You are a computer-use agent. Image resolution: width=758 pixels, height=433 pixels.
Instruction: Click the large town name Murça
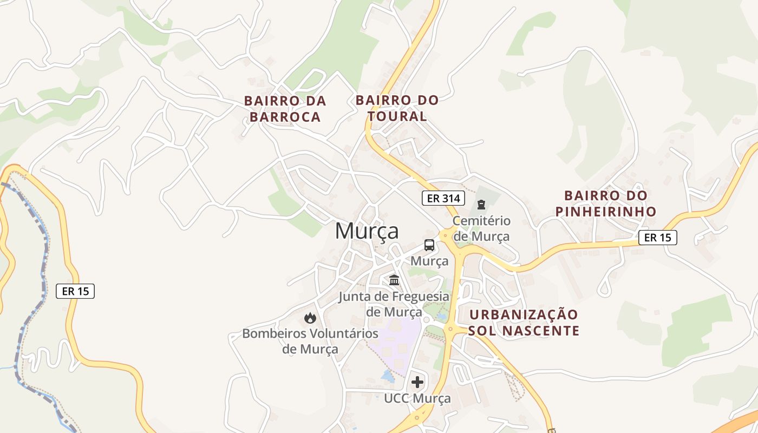[x=367, y=231]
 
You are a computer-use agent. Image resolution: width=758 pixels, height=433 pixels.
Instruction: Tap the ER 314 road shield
[x=443, y=198]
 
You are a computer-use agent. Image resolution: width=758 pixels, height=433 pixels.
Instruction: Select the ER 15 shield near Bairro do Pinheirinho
[x=657, y=237]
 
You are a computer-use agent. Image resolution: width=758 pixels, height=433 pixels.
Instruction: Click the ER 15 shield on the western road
[x=75, y=291]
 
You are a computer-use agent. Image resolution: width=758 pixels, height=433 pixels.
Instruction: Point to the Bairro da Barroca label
[x=285, y=109]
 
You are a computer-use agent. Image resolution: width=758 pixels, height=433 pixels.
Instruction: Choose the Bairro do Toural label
[x=397, y=108]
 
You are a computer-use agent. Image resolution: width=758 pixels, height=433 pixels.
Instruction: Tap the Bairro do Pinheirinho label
[x=606, y=204]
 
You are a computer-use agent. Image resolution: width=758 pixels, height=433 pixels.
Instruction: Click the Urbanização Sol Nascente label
[x=524, y=323]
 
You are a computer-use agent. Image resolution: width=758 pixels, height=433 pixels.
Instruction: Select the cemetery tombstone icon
[x=481, y=205]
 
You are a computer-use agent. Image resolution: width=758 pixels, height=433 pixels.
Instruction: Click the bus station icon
[x=429, y=245]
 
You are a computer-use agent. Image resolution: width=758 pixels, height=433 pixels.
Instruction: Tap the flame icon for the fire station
[x=310, y=318]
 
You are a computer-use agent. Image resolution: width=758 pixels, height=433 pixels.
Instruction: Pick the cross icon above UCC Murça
[x=417, y=382]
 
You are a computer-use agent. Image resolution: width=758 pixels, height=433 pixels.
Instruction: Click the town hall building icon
[x=394, y=280]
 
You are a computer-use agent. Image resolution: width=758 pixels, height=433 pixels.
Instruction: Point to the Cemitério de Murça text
[x=481, y=228]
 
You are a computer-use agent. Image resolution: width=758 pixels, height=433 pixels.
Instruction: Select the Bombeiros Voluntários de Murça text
[x=310, y=341]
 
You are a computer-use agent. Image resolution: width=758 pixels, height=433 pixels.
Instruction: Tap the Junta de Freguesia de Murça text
[x=394, y=304]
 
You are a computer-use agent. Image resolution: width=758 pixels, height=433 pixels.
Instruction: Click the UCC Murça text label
[x=417, y=399]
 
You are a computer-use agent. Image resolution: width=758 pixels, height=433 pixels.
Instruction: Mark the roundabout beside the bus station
[x=447, y=235]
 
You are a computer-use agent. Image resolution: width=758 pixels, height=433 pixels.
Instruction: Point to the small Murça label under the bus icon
[x=429, y=261]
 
